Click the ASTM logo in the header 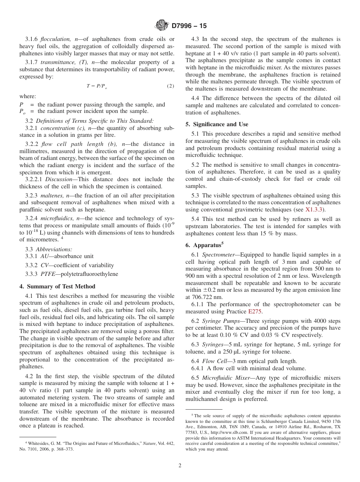(x=162, y=26)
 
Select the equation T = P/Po (x=97, y=86)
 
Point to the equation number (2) (x=171, y=86)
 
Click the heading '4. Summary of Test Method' (x=57, y=286)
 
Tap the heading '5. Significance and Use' (x=217, y=124)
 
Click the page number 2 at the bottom (x=180, y=466)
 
